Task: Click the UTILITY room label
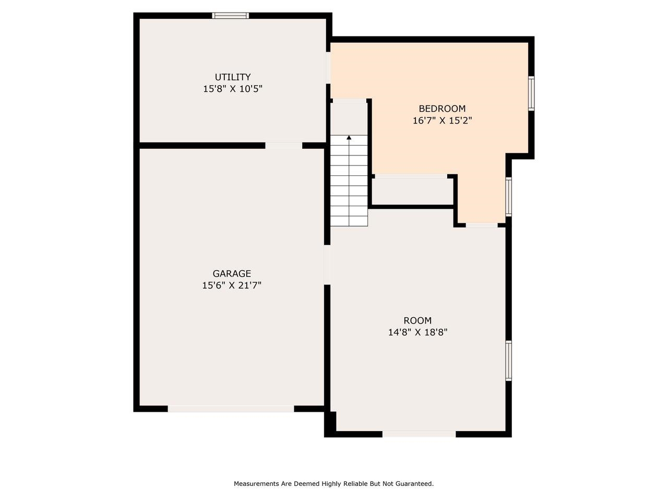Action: point(233,77)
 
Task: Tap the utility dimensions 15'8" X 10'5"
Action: point(233,89)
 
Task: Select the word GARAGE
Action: point(232,273)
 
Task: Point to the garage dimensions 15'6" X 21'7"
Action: point(232,285)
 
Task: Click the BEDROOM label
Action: point(442,109)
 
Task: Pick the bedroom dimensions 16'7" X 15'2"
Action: point(442,121)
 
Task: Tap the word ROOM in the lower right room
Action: point(417,320)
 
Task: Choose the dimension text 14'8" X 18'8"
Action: point(417,332)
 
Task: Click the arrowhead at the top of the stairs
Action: point(349,137)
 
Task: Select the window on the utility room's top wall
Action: point(230,16)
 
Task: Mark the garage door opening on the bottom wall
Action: point(231,409)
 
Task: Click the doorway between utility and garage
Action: point(283,146)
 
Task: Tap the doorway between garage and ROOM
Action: point(327,265)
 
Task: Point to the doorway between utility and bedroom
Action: point(328,67)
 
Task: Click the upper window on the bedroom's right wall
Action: point(531,93)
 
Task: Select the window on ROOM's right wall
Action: point(508,361)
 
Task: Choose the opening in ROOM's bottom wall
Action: point(419,434)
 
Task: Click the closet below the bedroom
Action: point(413,192)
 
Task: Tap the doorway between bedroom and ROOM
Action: point(482,225)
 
